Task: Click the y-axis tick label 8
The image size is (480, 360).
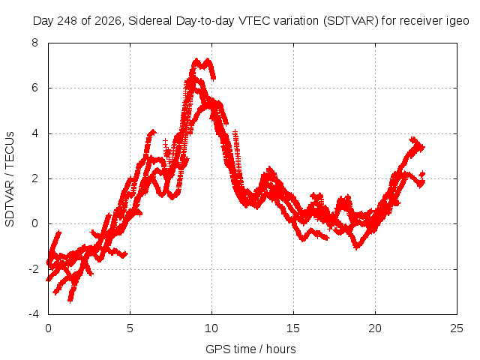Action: (34, 43)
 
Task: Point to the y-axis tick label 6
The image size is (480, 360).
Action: (34, 88)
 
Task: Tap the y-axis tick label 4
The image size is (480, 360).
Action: (34, 133)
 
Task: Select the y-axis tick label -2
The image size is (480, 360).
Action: (33, 269)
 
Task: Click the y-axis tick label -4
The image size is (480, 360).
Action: (33, 314)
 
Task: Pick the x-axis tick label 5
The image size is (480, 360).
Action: (130, 328)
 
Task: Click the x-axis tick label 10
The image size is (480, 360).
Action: (211, 328)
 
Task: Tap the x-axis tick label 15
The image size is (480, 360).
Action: (293, 328)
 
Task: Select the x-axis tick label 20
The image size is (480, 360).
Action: (375, 328)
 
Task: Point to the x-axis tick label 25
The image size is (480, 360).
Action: (457, 328)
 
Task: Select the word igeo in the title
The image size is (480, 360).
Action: (457, 21)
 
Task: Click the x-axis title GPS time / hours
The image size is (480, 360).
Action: (250, 349)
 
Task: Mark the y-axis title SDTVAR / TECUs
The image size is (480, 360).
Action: (10, 179)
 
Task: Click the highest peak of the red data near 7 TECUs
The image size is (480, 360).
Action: (196, 59)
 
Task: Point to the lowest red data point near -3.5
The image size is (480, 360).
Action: (70, 301)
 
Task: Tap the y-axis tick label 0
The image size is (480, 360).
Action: (34, 223)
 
